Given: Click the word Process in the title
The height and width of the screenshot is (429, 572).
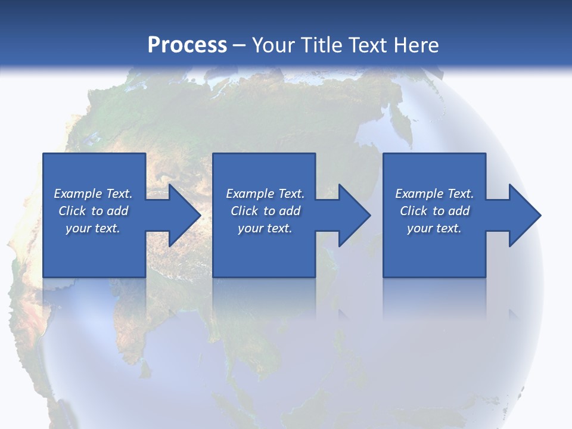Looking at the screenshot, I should (x=187, y=45).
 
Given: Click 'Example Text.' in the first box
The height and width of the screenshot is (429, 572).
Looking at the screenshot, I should (x=93, y=194).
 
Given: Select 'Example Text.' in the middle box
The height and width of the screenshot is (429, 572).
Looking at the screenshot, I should (x=265, y=194).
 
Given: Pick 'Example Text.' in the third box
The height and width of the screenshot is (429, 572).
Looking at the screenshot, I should (x=434, y=194).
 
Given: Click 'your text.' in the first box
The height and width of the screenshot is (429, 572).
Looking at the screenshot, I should (x=93, y=228).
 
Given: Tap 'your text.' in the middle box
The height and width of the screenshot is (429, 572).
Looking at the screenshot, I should (x=265, y=228).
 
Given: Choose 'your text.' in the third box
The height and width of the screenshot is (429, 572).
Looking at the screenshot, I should (x=434, y=228).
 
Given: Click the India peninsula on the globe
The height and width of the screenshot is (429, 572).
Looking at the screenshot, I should (x=128, y=322).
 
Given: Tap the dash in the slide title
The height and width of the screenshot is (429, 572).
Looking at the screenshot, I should (x=240, y=45).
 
